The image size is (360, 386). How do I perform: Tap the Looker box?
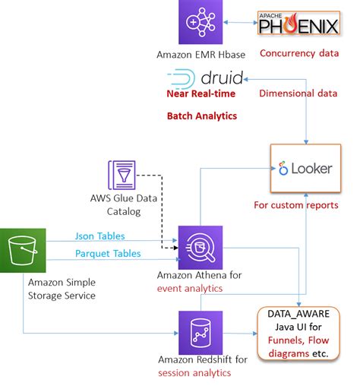click(x=305, y=168)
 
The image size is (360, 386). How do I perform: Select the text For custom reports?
click(x=305, y=205)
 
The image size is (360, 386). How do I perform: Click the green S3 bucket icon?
click(x=22, y=248)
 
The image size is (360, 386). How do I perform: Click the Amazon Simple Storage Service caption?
click(x=62, y=289)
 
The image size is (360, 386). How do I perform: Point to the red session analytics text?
click(x=194, y=372)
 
